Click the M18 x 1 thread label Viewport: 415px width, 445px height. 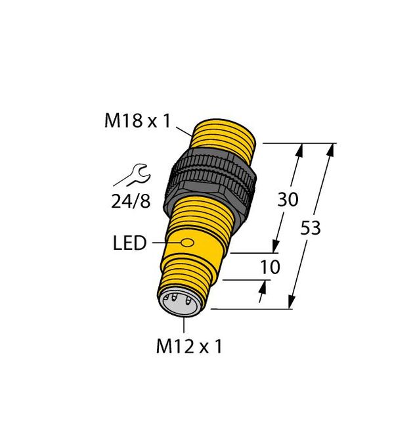(x=139, y=121)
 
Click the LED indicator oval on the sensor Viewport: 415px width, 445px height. (x=188, y=244)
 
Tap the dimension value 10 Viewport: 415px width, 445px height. (x=270, y=267)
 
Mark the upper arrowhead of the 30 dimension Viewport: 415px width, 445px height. (x=299, y=151)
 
